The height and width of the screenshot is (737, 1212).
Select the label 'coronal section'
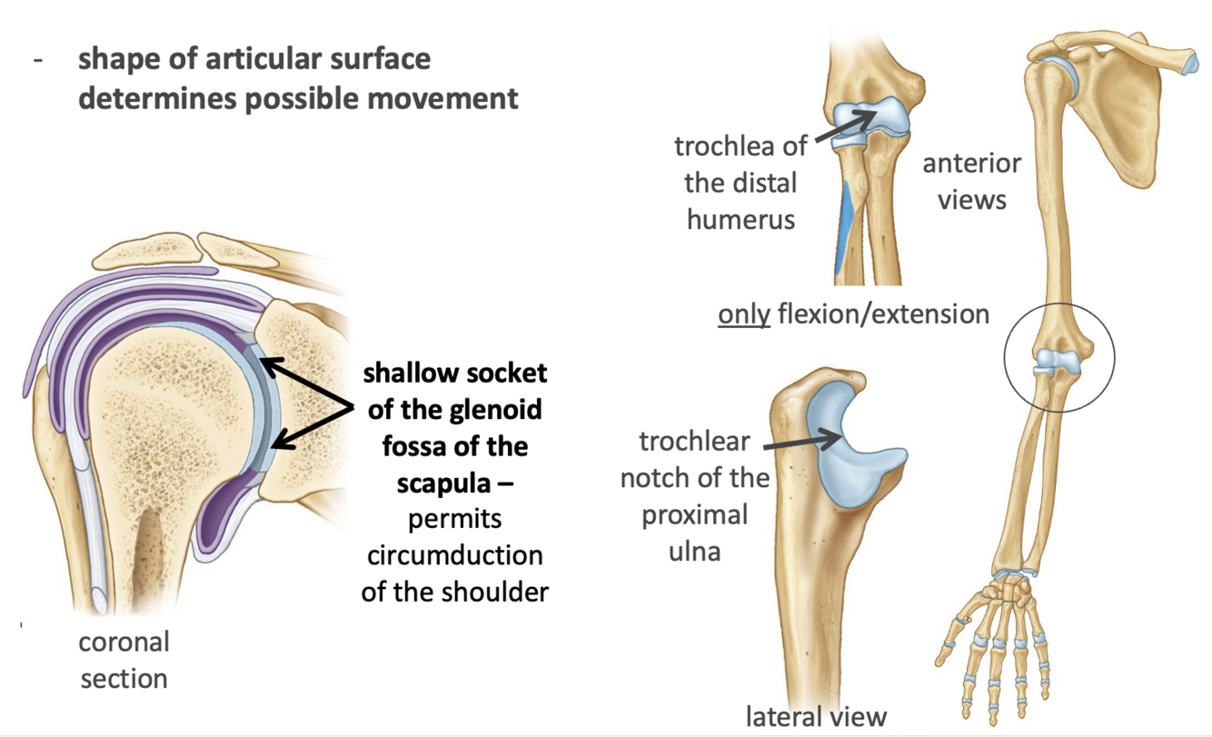coord(124,660)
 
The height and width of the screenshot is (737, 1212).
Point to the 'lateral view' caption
coord(815,716)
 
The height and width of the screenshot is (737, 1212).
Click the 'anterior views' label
coord(971,181)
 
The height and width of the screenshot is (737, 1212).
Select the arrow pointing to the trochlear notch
coord(802,441)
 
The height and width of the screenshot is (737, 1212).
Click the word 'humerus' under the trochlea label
coord(741,219)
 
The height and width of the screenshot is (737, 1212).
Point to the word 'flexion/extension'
coord(879,314)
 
